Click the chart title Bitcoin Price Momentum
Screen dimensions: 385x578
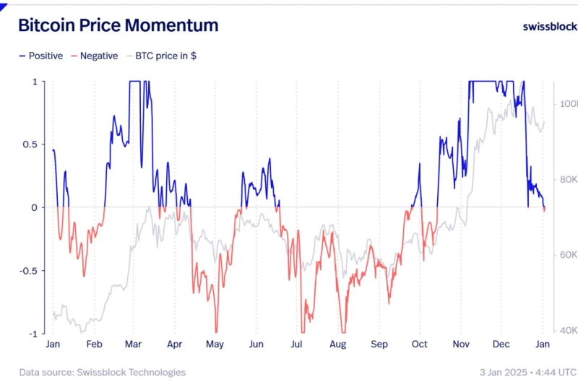pyautogui.click(x=118, y=25)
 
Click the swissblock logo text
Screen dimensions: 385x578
pyautogui.click(x=549, y=26)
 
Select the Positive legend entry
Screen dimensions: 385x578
pyautogui.click(x=41, y=56)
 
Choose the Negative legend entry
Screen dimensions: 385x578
pyautogui.click(x=93, y=56)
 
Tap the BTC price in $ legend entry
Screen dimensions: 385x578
pyautogui.click(x=160, y=56)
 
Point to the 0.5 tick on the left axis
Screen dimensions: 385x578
pyautogui.click(x=30, y=144)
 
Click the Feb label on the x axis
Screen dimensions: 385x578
pyautogui.click(x=94, y=345)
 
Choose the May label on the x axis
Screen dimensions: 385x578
pyautogui.click(x=215, y=345)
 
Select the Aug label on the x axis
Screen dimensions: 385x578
pyautogui.click(x=338, y=345)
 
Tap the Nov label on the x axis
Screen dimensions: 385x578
pyautogui.click(x=461, y=345)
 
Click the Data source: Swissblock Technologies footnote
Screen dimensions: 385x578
pyautogui.click(x=102, y=372)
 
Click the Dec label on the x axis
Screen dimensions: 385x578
pyautogui.click(x=501, y=345)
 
